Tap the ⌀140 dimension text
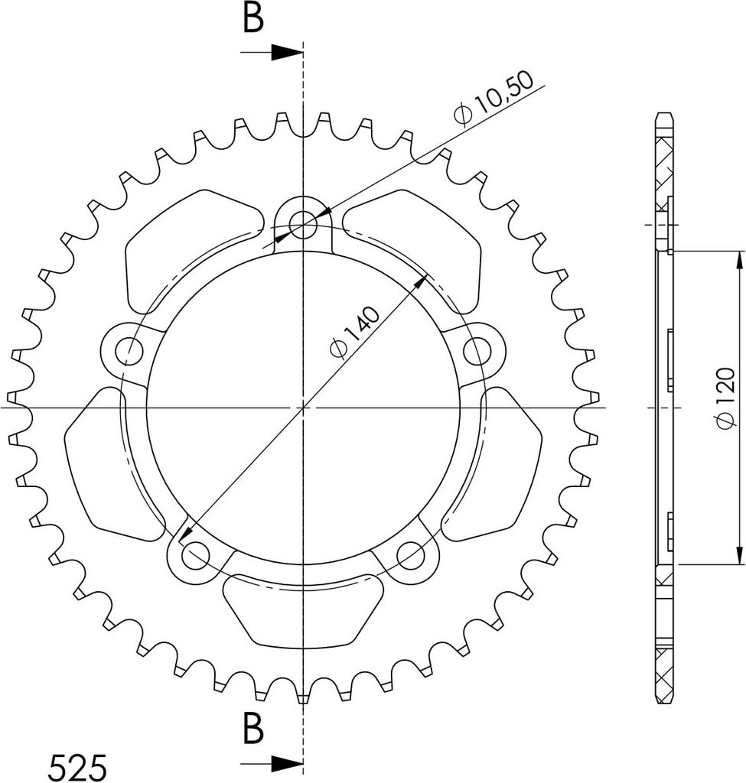click(x=355, y=333)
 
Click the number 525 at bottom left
click(x=79, y=765)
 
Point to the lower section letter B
click(x=252, y=729)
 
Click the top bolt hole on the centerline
click(x=303, y=224)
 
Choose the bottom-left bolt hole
click(x=195, y=555)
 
